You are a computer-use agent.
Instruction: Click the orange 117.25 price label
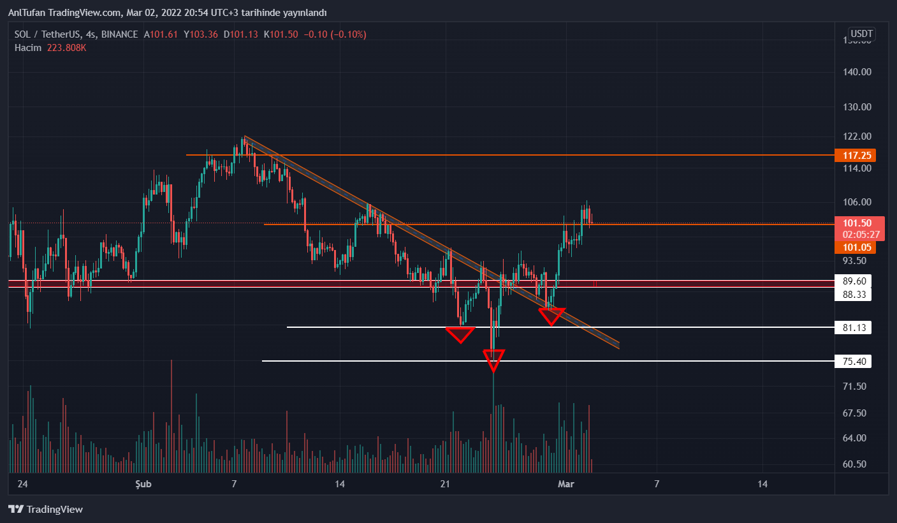point(857,155)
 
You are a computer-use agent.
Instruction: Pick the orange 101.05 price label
point(857,247)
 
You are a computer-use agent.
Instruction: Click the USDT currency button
point(861,34)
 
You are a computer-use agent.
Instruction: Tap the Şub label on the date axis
point(143,484)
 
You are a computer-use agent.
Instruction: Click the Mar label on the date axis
point(566,484)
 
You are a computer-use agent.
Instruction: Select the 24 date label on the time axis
point(23,484)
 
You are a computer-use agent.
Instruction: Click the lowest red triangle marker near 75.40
point(493,360)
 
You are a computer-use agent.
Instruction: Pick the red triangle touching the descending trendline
point(551,316)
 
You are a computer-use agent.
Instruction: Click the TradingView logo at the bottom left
point(46,509)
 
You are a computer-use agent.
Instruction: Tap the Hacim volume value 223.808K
point(66,47)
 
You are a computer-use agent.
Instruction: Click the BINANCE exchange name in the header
point(119,34)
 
